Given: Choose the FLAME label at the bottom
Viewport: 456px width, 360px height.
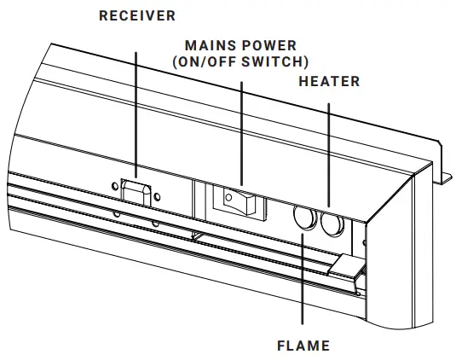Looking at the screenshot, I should coord(303,346).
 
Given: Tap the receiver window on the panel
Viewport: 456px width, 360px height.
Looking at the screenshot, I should coord(135,192).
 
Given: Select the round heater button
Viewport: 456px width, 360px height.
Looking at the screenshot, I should coord(332,224).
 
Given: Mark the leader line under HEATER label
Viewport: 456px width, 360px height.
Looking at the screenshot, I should coord(328,154).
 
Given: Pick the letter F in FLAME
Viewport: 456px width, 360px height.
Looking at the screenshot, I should coord(280,346).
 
